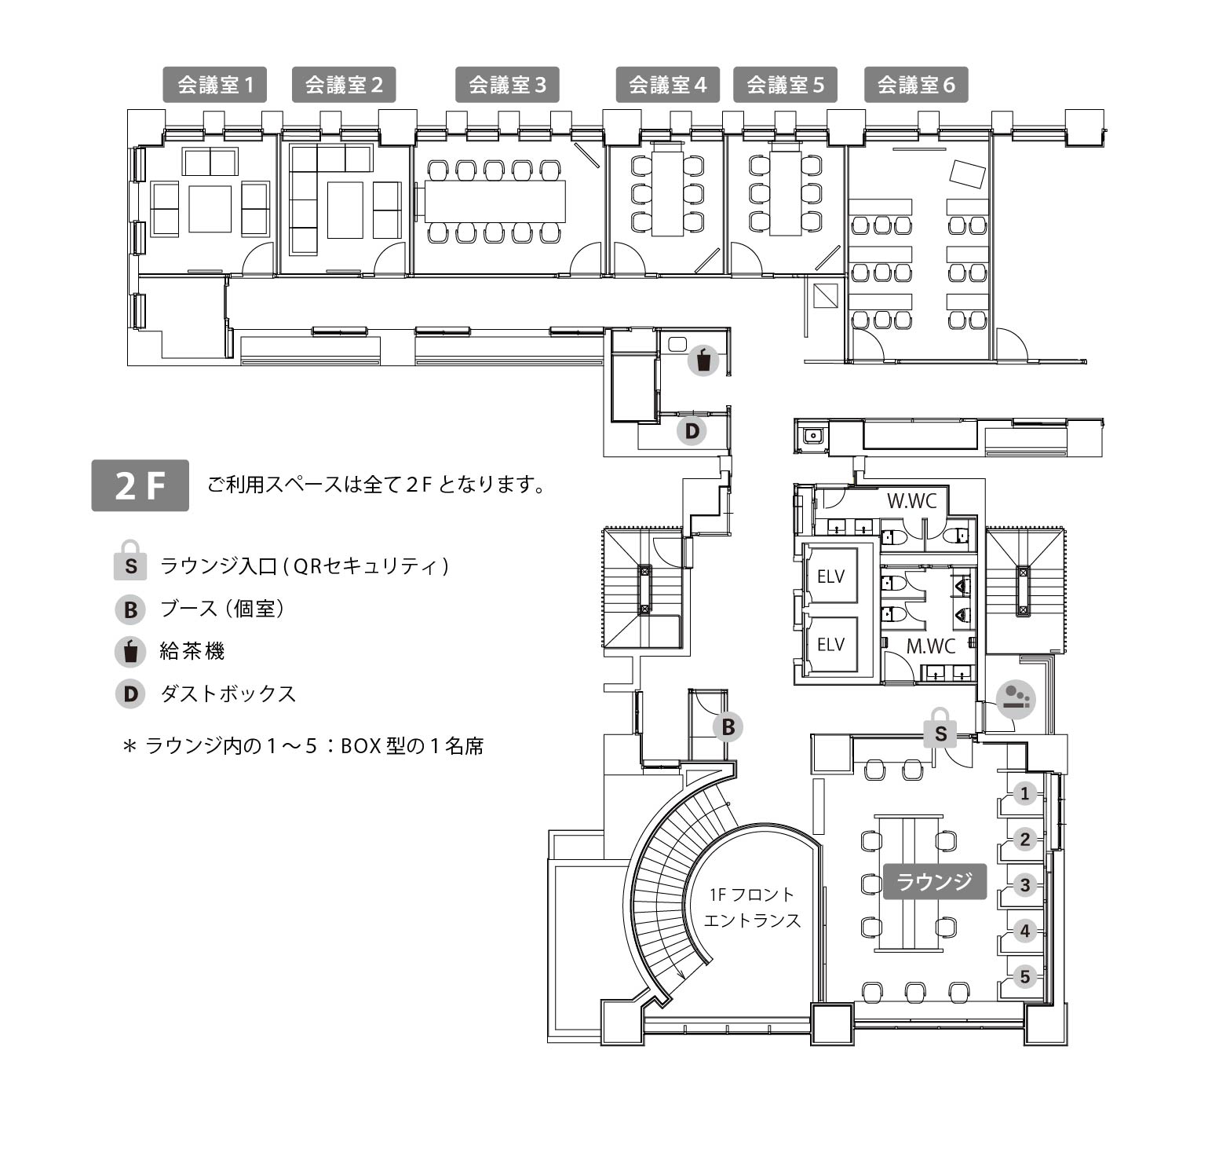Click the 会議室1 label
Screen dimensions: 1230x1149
[215, 85]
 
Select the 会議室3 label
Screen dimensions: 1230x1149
[507, 85]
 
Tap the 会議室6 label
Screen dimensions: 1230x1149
[916, 85]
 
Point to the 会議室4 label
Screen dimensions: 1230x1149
[668, 85]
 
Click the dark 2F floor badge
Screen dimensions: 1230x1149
[141, 485]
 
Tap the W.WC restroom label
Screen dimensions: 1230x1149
[911, 501]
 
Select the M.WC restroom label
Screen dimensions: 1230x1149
[931, 646]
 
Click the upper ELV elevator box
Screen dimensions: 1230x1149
[830, 576]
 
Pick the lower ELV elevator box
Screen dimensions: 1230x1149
[830, 645]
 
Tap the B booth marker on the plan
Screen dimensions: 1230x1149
[728, 727]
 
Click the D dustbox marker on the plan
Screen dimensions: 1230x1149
[692, 431]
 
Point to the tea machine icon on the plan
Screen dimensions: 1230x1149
[703, 361]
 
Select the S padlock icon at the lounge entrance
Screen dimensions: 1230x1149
[940, 729]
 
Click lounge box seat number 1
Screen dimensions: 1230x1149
[1024, 794]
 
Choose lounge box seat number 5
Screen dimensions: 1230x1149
[1024, 977]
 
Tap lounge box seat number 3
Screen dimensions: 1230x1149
[1024, 885]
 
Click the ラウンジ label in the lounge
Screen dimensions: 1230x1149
[934, 881]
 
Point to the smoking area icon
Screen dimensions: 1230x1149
[1016, 699]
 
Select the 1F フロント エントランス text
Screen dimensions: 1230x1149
[751, 907]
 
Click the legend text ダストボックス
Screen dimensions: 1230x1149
[228, 693]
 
